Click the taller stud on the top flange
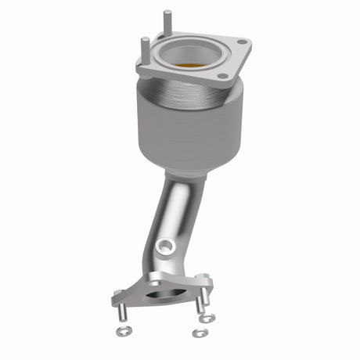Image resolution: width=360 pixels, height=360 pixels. coord(167,21)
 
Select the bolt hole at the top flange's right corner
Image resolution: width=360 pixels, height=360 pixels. coord(242,42)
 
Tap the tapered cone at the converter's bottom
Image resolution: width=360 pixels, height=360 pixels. coord(182,164)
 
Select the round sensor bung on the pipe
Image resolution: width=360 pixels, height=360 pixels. coord(165,247)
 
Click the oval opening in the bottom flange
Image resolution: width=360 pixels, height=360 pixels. coord(164,295)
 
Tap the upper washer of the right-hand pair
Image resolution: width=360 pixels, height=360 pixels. coord(207,319)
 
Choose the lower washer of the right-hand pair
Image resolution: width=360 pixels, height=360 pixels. coord(200,333)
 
